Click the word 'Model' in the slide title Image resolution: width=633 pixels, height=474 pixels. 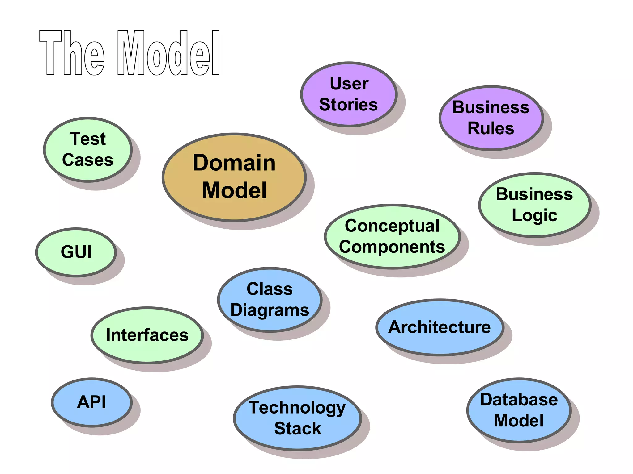pyautogui.click(x=168, y=53)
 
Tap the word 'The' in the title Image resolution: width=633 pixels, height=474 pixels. pyautogui.click(x=72, y=53)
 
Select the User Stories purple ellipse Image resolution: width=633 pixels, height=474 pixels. pyautogui.click(x=349, y=94)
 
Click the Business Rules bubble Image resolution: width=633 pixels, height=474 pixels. pyautogui.click(x=491, y=118)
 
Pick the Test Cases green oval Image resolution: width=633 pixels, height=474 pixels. pyautogui.click(x=88, y=150)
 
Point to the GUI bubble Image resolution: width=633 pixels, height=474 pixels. pyautogui.click(x=76, y=252)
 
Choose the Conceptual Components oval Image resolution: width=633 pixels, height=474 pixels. pyautogui.click(x=392, y=236)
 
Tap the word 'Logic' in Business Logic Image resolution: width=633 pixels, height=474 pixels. pyautogui.click(x=534, y=215)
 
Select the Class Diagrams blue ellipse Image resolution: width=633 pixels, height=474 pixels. pyautogui.click(x=270, y=300)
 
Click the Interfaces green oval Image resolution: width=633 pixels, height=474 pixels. pyautogui.click(x=147, y=335)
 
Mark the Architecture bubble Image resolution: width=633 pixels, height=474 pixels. pyautogui.click(x=439, y=327)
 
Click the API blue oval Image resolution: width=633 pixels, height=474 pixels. pyautogui.click(x=91, y=402)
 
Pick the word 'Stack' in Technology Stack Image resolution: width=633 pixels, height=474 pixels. pyautogui.click(x=298, y=429)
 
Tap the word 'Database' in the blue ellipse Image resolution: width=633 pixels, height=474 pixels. pyautogui.click(x=519, y=400)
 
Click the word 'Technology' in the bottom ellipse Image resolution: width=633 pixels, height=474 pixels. pyautogui.click(x=297, y=408)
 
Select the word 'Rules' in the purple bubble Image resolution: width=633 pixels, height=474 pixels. pyautogui.click(x=491, y=128)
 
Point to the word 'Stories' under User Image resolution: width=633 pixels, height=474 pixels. pyautogui.click(x=348, y=105)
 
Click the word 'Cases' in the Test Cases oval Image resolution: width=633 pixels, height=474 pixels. pyautogui.click(x=88, y=160)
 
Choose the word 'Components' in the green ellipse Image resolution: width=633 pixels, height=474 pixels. pyautogui.click(x=392, y=247)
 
